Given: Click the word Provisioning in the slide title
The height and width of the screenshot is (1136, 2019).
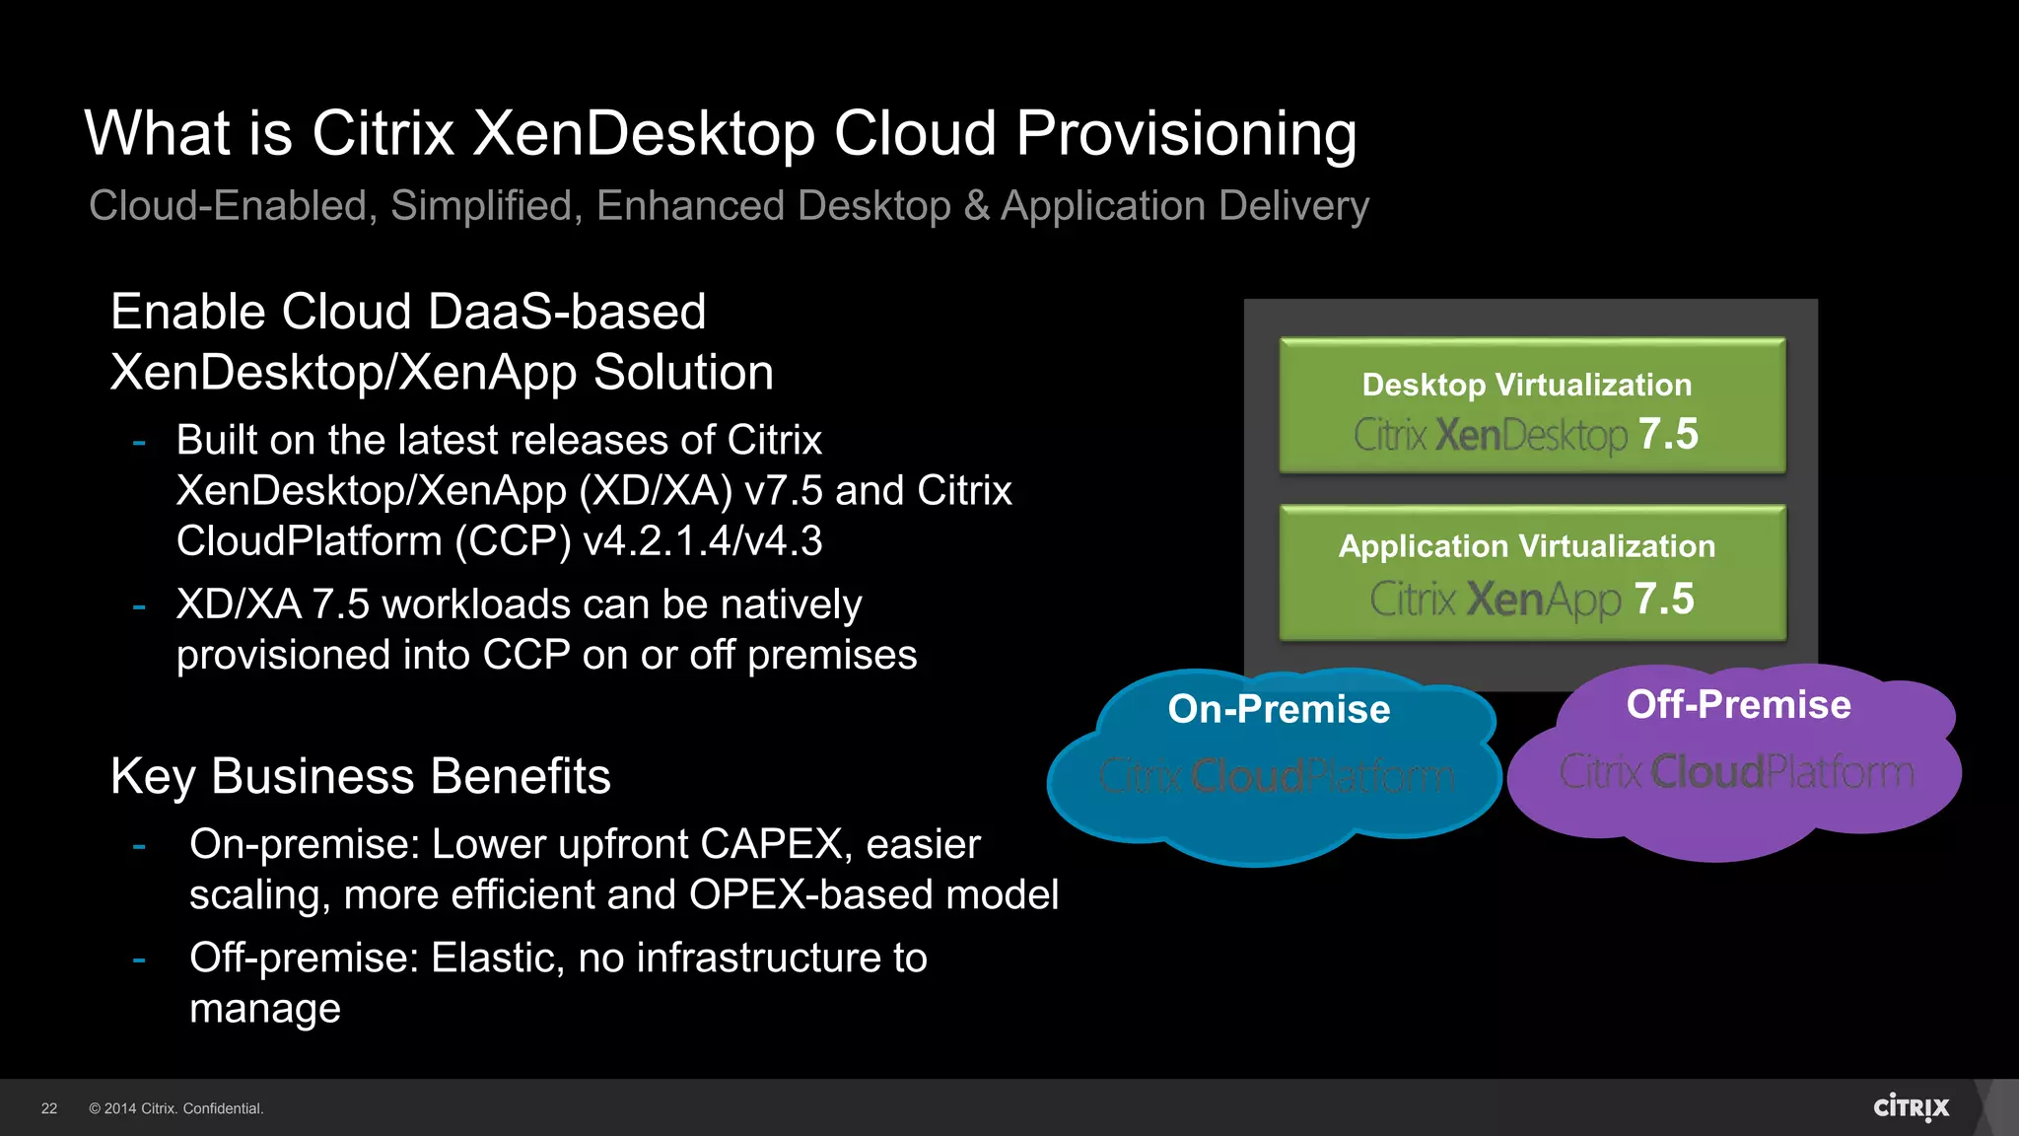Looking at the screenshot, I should click(1186, 134).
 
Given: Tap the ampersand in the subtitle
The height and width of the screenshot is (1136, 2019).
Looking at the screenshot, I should click(976, 206).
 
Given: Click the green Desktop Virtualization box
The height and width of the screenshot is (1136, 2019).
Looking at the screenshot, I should click(1531, 405).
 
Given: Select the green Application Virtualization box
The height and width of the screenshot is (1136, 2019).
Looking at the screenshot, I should click(1531, 573).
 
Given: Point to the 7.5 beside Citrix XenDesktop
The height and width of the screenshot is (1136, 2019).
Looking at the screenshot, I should click(1668, 434).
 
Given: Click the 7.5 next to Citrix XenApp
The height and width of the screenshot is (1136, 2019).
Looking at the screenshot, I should click(1664, 599).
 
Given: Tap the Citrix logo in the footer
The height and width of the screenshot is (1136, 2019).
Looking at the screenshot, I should click(1911, 1107).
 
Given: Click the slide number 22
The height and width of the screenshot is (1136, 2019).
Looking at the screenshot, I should click(49, 1108).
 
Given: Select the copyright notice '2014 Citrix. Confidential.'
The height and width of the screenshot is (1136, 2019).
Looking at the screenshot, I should click(176, 1108).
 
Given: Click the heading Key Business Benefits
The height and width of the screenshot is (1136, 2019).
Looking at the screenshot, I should click(361, 776).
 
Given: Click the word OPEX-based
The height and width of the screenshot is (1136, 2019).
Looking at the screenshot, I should click(810, 895).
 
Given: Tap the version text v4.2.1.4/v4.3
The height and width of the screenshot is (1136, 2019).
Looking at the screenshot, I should click(702, 541).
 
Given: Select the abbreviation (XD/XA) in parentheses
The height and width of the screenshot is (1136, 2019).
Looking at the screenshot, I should click(656, 491).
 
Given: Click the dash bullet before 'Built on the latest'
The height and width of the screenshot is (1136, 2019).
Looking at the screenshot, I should click(139, 443).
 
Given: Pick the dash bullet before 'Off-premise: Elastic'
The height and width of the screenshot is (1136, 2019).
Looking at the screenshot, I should click(139, 958).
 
